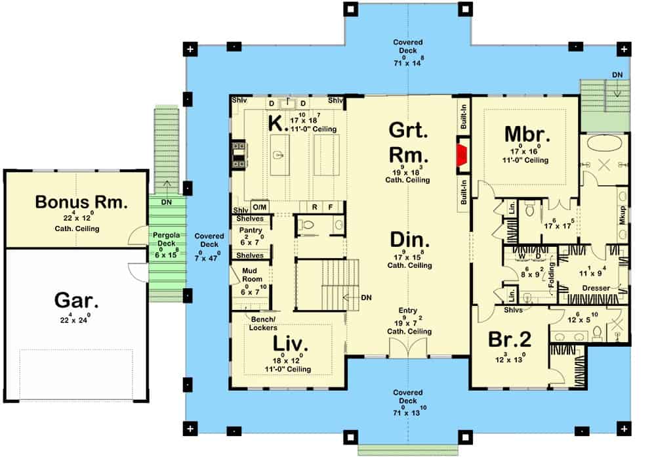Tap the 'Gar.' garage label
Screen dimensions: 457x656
[x=77, y=301]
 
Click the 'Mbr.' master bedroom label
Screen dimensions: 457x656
[x=527, y=133]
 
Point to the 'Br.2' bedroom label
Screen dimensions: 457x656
[x=510, y=339]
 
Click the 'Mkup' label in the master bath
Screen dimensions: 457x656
[x=623, y=217]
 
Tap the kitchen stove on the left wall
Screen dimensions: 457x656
[x=237, y=154]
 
